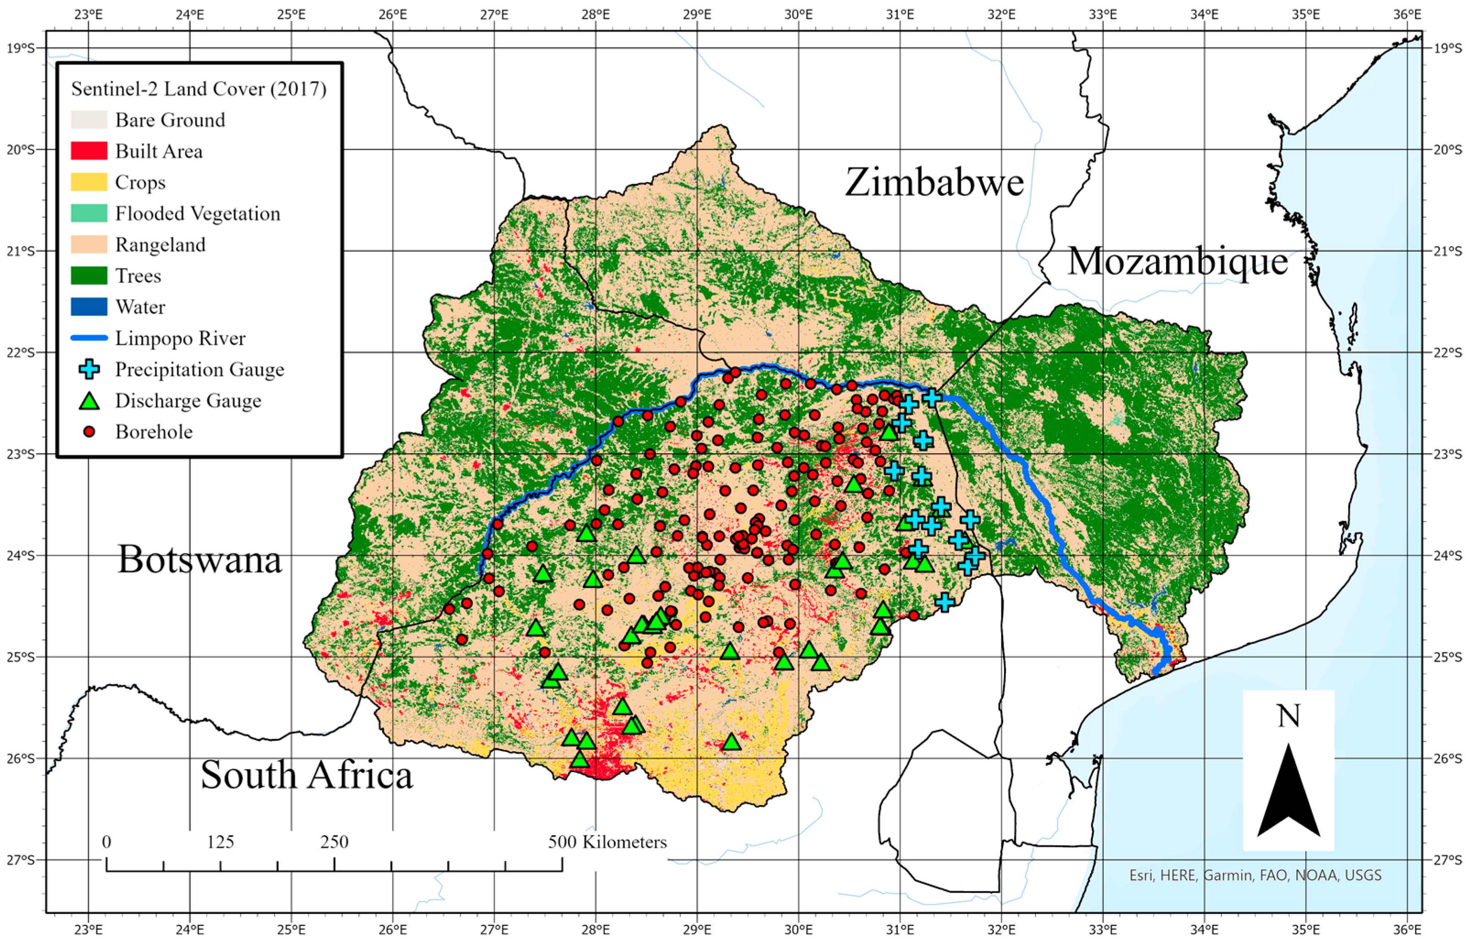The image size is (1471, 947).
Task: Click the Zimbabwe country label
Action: tap(934, 183)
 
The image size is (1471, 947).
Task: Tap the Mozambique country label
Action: tap(1177, 261)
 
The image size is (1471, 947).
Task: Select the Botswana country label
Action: tap(199, 560)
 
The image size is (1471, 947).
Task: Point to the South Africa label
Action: tap(306, 775)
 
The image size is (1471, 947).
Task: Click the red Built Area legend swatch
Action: tap(89, 151)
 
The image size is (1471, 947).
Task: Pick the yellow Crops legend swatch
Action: tap(89, 182)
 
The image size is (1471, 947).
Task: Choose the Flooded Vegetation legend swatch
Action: tap(89, 213)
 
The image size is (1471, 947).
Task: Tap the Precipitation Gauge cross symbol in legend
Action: tap(89, 370)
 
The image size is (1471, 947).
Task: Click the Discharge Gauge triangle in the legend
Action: tap(89, 402)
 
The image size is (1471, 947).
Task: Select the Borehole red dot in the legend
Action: tap(89, 432)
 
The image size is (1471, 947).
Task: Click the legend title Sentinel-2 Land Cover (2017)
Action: tap(199, 89)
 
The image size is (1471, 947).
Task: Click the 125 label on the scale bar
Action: tap(220, 842)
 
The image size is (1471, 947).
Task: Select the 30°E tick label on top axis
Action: tap(798, 14)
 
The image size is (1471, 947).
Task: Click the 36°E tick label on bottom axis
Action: tap(1407, 927)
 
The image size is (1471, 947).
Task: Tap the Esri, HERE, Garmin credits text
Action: tap(1255, 875)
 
